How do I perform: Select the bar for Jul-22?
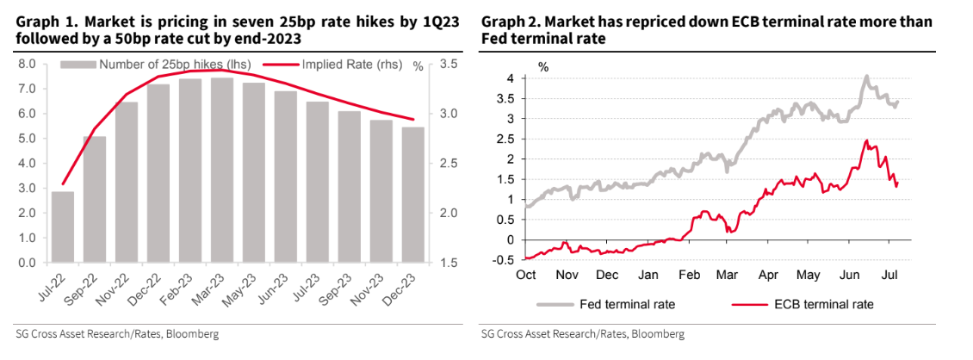(x=62, y=227)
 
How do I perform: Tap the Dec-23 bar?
(x=413, y=195)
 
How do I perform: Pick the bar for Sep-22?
(x=94, y=199)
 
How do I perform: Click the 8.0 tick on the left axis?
(x=26, y=65)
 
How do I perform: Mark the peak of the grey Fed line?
(x=866, y=76)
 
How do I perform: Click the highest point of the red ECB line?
(x=866, y=140)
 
